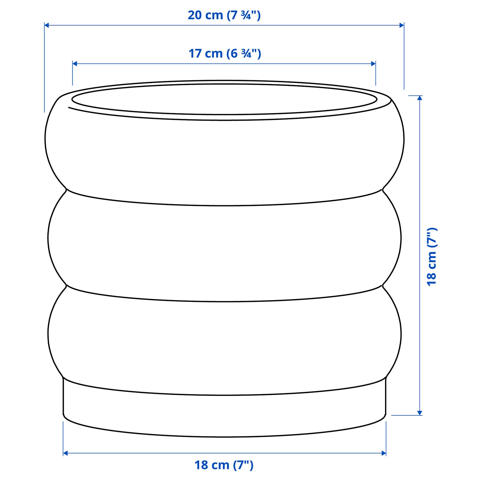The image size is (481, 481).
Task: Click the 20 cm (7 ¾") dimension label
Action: tap(224, 15)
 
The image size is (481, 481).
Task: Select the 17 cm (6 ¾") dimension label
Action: tap(224, 54)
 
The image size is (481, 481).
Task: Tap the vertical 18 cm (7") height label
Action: tap(431, 257)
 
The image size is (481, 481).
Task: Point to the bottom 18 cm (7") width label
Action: tap(224, 465)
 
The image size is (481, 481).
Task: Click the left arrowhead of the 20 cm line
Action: tap(47, 25)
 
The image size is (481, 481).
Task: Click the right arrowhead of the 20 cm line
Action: tap(402, 25)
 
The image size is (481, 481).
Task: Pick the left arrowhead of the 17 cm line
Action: tap(75, 64)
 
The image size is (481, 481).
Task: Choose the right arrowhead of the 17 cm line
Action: tap(373, 64)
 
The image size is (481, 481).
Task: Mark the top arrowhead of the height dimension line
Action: tap(420, 98)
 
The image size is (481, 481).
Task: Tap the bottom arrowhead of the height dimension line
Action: tap(420, 413)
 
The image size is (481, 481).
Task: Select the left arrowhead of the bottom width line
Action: tap(65, 453)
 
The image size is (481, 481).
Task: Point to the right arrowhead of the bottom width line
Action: tap(384, 453)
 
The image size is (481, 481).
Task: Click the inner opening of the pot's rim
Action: tap(224, 99)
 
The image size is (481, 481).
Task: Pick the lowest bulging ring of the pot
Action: tap(224, 344)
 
